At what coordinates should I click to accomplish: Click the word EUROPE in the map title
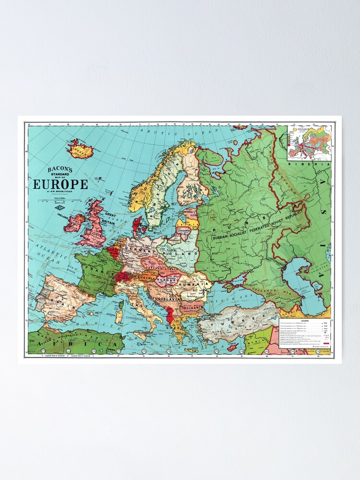tap(60, 184)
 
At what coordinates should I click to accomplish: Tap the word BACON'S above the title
tap(60, 169)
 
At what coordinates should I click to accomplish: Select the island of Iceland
tap(80, 150)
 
